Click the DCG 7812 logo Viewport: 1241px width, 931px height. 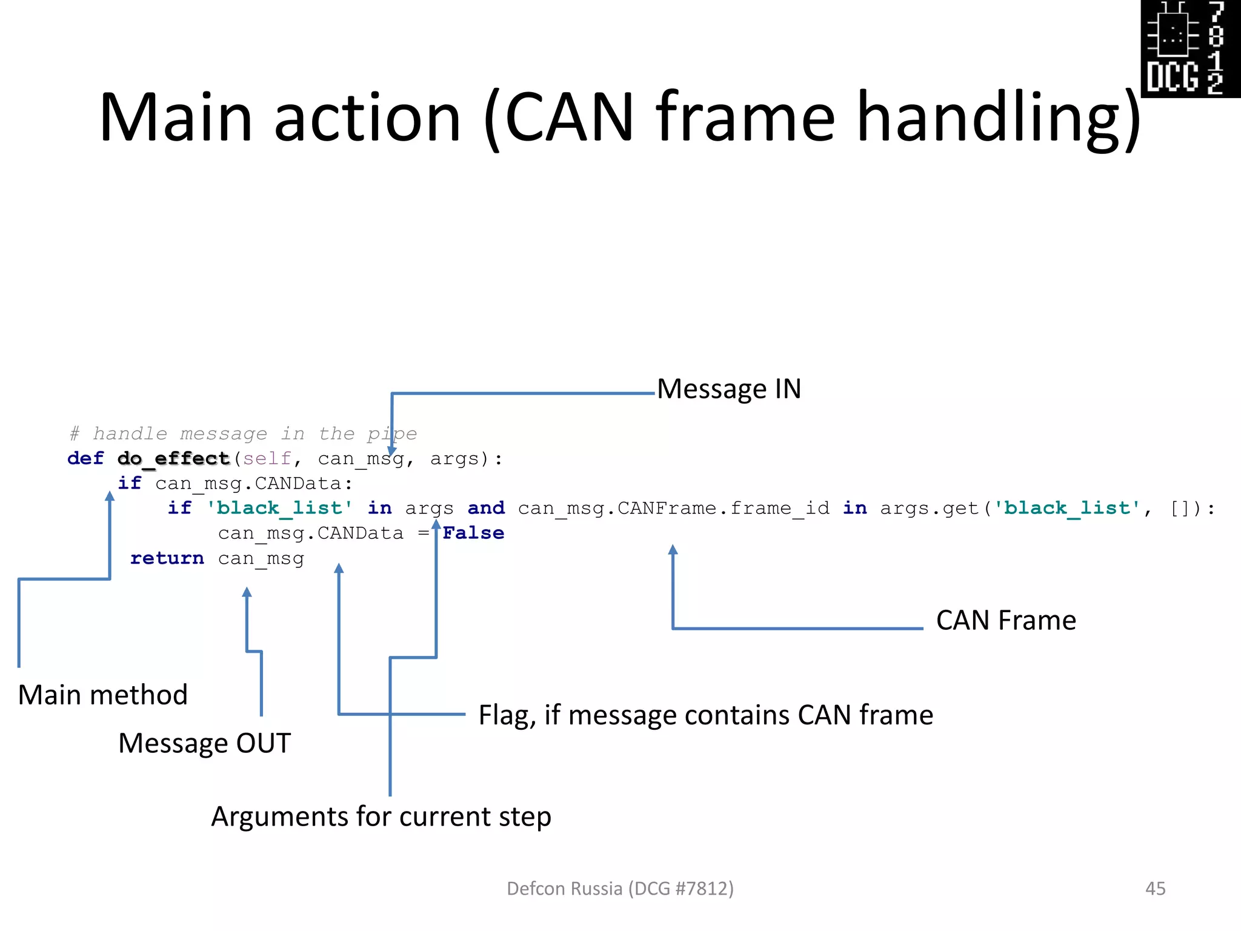coord(1189,48)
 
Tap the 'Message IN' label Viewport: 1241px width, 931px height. coord(729,389)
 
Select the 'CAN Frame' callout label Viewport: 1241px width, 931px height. coord(1006,620)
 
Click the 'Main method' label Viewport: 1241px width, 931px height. coord(102,695)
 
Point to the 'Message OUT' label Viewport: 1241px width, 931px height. coord(204,743)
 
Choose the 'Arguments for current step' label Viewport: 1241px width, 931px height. coord(381,816)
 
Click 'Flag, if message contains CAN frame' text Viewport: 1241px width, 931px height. coord(705,715)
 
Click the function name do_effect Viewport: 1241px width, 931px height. coord(173,459)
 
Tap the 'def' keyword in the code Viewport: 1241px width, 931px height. coord(85,459)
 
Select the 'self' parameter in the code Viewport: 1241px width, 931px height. coord(267,459)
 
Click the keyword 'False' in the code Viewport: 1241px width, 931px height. coord(473,533)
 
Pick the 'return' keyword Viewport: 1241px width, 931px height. coord(167,558)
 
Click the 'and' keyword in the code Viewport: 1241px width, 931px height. coord(486,508)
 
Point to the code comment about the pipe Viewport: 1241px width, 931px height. coord(243,434)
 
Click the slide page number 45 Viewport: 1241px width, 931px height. coord(1155,889)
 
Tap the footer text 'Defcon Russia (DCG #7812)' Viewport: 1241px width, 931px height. coord(620,889)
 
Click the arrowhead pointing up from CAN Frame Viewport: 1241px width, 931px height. coord(673,550)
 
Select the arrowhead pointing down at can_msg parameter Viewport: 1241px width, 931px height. coord(391,451)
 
